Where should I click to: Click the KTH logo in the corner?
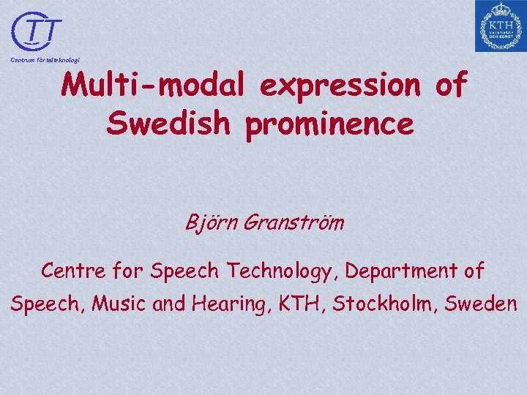pos(500,26)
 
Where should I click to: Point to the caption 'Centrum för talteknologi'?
pos(45,59)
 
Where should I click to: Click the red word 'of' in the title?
pos(450,86)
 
